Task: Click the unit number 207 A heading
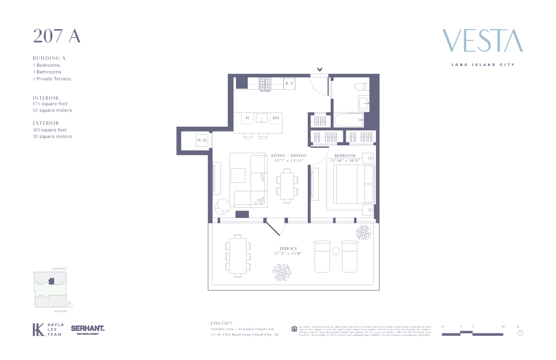point(57,36)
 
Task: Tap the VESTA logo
point(483,41)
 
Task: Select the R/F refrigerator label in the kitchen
point(289,83)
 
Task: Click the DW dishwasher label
point(276,118)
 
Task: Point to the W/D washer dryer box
point(202,140)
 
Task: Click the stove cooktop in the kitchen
point(265,84)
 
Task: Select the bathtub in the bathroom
point(348,120)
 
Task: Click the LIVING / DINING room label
point(289,156)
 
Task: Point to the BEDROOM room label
point(345,156)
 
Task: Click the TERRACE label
point(288,248)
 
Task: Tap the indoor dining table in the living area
point(287,186)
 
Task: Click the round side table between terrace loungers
point(336,251)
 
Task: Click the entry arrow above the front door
point(320,69)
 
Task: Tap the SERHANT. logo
point(87,329)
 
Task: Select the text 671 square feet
point(50,104)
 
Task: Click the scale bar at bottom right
point(472,334)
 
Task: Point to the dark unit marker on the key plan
point(52,281)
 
